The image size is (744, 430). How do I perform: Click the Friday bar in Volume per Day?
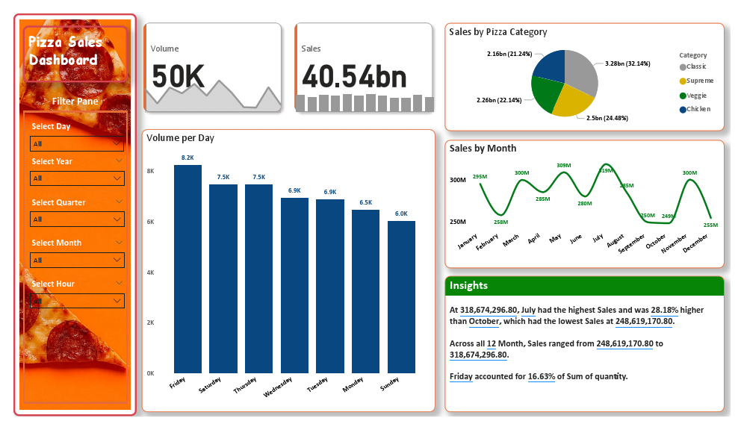tap(187, 269)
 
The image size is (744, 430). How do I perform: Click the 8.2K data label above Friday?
tap(187, 158)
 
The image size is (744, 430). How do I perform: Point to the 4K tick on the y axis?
tap(150, 272)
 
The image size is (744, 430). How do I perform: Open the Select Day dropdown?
tap(76, 143)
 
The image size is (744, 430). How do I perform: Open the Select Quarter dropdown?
tap(76, 219)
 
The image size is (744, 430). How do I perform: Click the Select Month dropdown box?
tap(76, 260)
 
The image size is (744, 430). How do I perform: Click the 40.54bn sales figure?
tap(355, 77)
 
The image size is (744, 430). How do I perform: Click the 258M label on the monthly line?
tap(500, 222)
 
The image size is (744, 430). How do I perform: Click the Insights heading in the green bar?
tap(468, 286)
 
